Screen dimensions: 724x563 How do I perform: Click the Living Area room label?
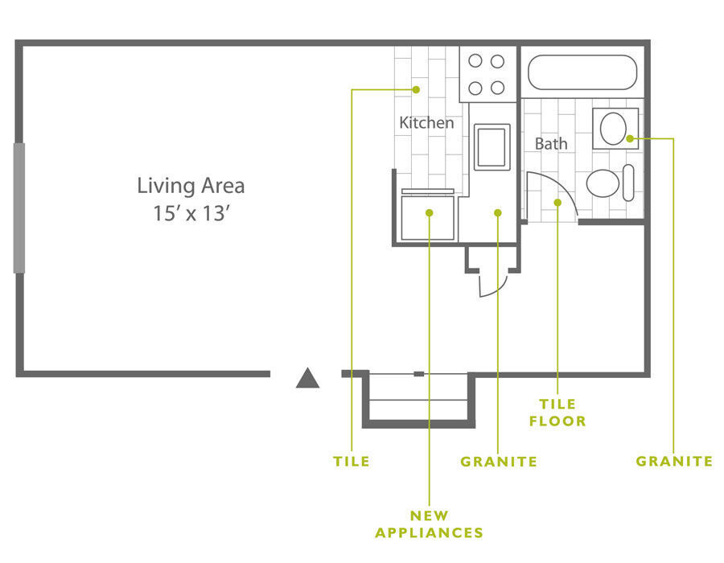(191, 186)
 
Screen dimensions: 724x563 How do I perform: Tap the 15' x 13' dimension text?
(191, 213)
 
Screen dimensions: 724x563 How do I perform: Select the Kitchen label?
(426, 123)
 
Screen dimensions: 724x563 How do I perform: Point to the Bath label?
(551, 144)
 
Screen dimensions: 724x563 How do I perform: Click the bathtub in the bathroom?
(582, 72)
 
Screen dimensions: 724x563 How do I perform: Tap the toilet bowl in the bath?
(603, 183)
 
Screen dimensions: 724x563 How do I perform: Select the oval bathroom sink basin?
(613, 129)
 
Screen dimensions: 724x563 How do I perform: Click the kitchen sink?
(492, 147)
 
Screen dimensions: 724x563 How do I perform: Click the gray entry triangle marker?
(307, 377)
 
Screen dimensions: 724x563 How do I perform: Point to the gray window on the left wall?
(19, 208)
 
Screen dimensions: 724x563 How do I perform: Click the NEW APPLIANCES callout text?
(429, 524)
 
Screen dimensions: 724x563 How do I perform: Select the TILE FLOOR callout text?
(557, 413)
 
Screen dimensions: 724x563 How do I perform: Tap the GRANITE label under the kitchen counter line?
(499, 462)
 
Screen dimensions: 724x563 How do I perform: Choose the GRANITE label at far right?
(674, 461)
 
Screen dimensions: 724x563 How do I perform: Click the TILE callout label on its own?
(352, 462)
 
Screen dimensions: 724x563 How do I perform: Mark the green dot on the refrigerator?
(430, 213)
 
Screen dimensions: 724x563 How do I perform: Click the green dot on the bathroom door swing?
(557, 203)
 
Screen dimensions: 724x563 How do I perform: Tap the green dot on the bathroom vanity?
(630, 138)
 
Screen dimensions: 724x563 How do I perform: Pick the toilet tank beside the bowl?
(628, 183)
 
